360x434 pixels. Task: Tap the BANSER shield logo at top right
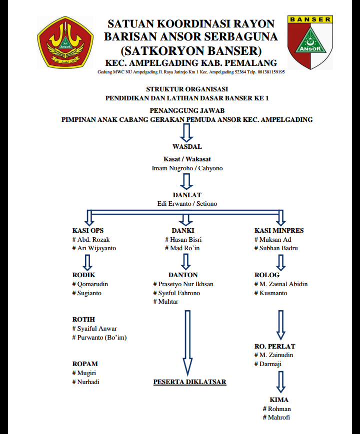click(x=310, y=42)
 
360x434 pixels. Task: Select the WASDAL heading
click(x=187, y=147)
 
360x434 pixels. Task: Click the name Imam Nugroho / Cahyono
click(x=187, y=168)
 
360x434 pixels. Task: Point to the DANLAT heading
click(x=187, y=195)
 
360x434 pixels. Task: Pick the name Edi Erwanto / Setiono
click(x=187, y=204)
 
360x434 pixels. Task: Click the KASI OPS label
click(x=88, y=231)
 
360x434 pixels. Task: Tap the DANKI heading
click(x=182, y=231)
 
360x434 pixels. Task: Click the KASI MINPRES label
click(x=279, y=231)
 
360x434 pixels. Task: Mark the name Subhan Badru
click(x=279, y=248)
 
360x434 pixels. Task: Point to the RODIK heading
click(x=84, y=275)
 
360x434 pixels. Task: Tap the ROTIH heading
click(x=83, y=320)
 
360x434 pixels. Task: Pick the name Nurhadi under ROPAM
click(x=89, y=382)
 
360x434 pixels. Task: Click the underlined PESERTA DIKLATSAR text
click(x=189, y=382)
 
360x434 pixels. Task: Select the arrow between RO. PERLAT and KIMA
click(x=281, y=381)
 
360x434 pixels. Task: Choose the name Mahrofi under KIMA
click(x=278, y=418)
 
